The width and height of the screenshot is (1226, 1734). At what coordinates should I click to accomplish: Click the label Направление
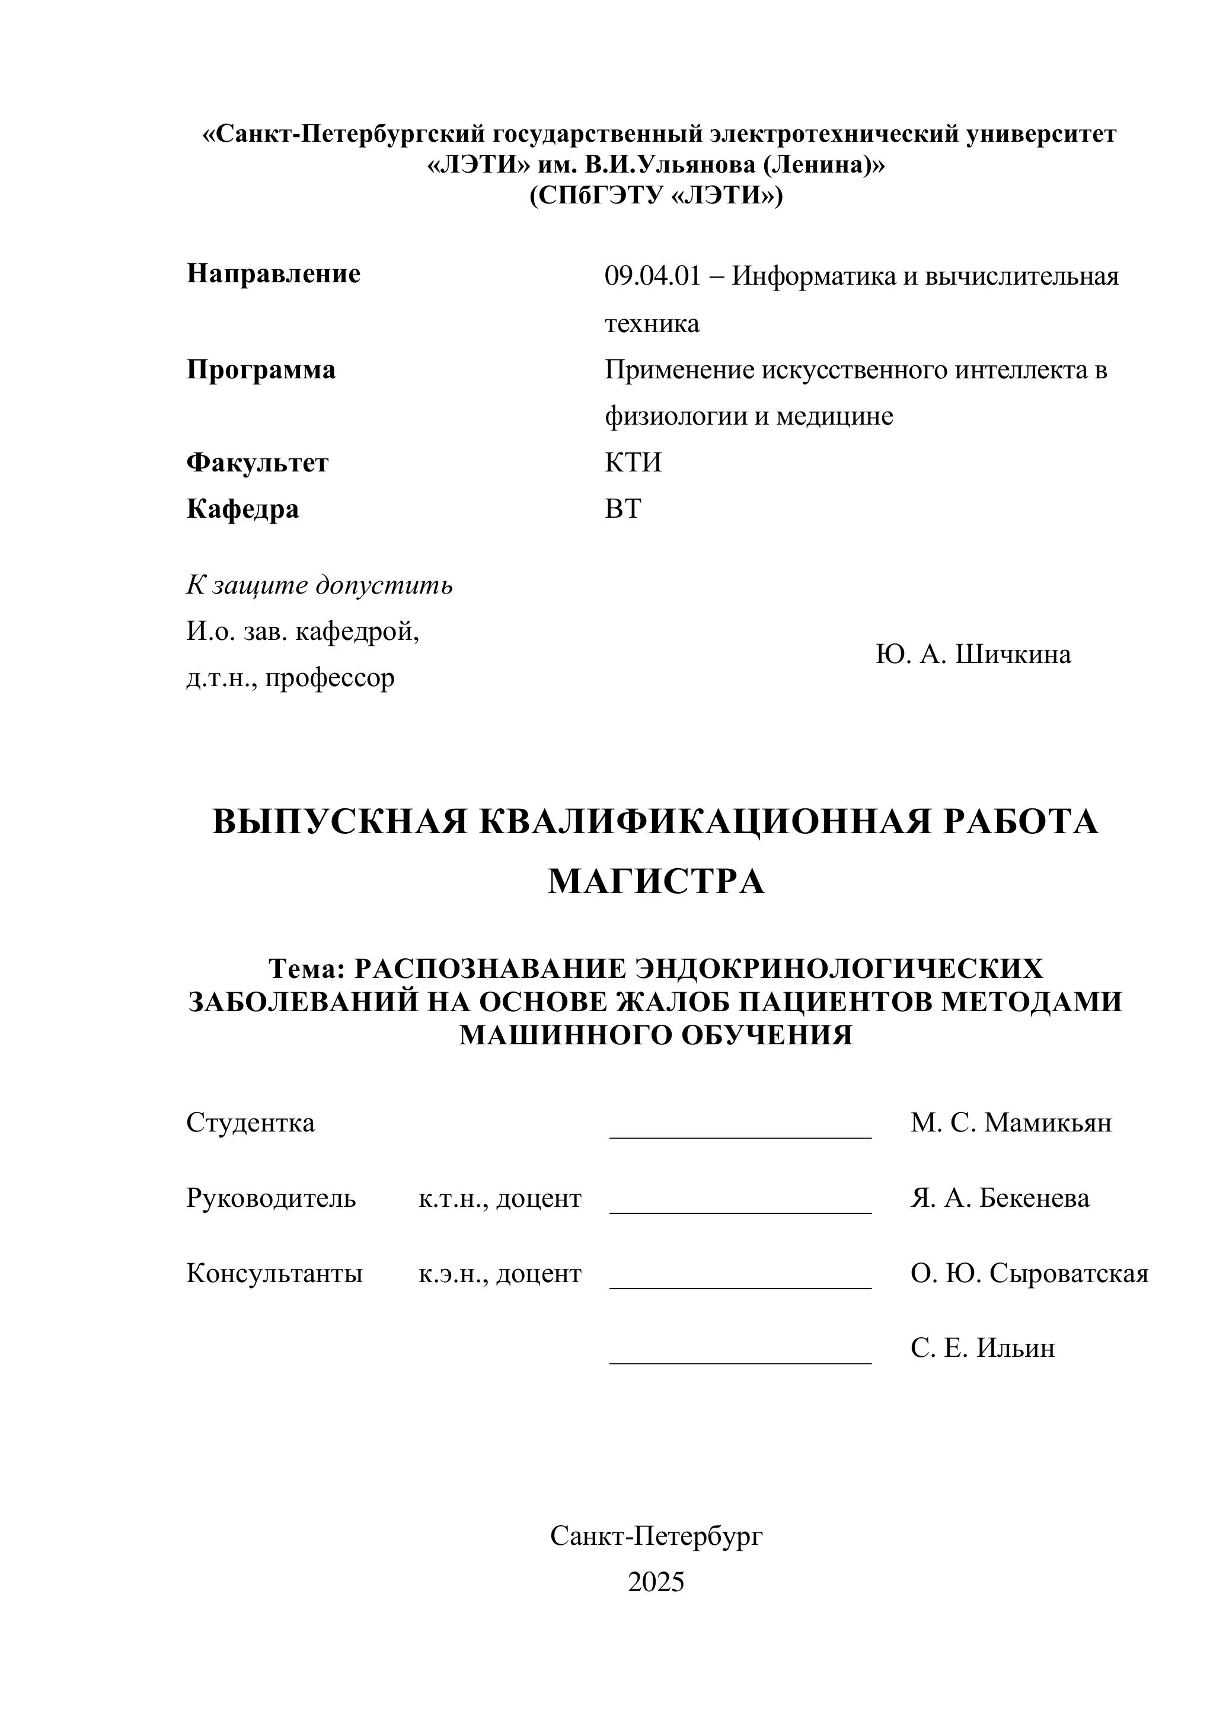273,273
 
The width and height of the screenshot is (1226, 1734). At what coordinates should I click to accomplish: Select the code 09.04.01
652,276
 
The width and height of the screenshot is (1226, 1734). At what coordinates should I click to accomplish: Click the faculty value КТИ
633,462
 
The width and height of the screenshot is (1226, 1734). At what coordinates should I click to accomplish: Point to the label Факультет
257,462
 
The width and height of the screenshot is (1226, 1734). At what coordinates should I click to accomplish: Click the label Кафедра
242,509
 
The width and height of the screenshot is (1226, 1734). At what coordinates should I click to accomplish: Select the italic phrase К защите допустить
320,585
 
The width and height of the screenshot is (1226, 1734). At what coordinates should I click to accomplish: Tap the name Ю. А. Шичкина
973,654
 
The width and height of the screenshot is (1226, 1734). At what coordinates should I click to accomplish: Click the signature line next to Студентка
740,1135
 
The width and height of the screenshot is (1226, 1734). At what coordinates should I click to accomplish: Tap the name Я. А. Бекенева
1000,1198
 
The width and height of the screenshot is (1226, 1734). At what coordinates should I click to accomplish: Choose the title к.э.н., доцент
500,1273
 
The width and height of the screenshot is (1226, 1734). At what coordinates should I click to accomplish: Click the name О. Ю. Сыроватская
1029,1273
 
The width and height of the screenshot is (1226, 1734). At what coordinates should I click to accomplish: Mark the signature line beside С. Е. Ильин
740,1362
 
